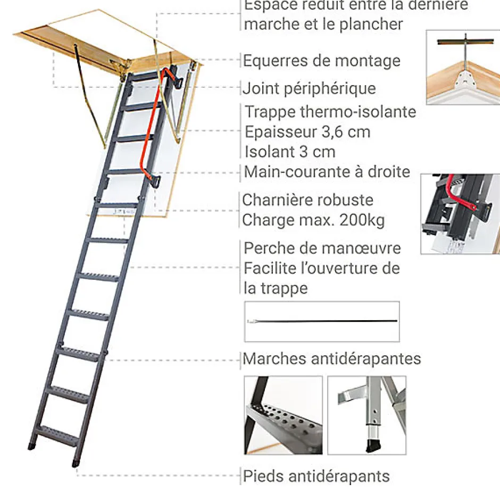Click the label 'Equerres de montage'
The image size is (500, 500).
[x=321, y=61]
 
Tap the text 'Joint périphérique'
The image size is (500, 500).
[x=310, y=88]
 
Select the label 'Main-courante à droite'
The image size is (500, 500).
[x=327, y=172]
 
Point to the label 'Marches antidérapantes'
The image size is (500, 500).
[x=332, y=359]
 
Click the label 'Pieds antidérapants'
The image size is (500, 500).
[x=316, y=476]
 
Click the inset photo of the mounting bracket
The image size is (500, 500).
[x=463, y=67]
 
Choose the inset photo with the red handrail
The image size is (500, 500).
[x=460, y=213]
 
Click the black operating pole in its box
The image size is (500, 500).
[x=322, y=321]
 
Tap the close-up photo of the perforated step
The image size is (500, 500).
[x=283, y=415]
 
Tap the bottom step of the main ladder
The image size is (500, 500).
[x=59, y=431]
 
